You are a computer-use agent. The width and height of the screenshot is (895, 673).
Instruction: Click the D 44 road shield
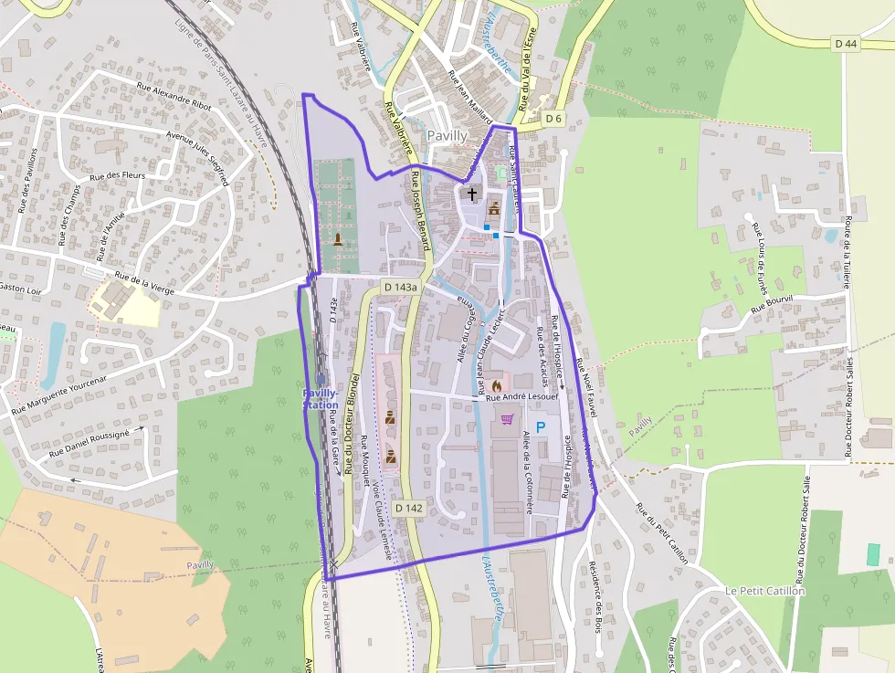point(846,44)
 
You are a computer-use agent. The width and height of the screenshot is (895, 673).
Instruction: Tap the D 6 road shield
point(553,118)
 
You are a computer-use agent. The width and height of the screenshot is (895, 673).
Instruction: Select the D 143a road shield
point(400,287)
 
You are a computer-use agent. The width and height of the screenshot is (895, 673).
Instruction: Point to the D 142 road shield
point(409,508)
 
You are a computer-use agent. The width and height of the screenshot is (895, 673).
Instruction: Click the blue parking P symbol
point(541,426)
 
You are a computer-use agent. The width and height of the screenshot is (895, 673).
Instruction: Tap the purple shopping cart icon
point(507,419)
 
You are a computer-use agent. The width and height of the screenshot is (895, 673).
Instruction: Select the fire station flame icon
point(496,386)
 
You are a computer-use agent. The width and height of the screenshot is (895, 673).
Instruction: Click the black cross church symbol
point(472,193)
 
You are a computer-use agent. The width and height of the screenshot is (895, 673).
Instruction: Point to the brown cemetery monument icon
point(339,239)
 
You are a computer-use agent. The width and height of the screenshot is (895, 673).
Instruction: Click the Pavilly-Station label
point(321,398)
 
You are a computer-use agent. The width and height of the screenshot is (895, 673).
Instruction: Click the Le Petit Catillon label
point(765,591)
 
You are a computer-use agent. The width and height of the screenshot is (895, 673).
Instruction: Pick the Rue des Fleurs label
point(120,174)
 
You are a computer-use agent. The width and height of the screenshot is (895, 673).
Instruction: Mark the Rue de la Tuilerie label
point(848,252)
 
